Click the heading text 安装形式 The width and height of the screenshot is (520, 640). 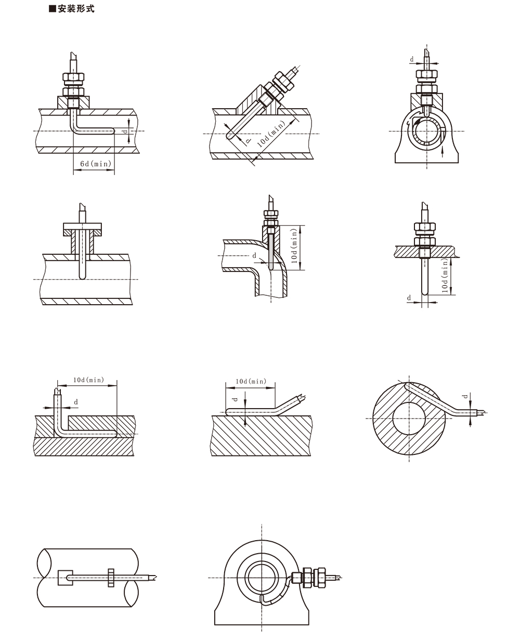tap(76, 9)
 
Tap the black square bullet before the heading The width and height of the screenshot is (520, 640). tap(53, 9)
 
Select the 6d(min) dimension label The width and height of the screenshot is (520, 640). tap(96, 163)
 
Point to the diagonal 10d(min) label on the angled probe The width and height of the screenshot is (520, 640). tap(271, 134)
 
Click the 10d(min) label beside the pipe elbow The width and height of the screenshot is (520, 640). tap(294, 246)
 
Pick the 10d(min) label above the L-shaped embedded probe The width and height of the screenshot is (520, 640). tap(89, 380)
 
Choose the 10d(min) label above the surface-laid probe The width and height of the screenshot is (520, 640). tap(251, 381)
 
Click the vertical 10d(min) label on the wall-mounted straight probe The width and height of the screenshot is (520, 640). tap(445, 276)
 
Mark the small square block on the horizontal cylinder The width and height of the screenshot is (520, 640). tap(66, 578)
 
